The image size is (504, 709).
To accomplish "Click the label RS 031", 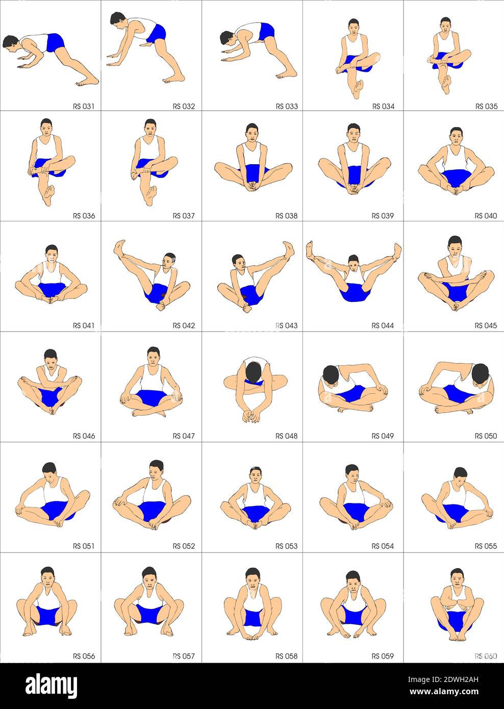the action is [x=84, y=106].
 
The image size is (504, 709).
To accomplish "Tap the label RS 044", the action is [x=383, y=325].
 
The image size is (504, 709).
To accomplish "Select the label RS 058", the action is [x=287, y=656].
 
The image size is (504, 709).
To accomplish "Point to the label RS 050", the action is [x=486, y=436].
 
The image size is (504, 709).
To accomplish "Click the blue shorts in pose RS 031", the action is [x=55, y=42].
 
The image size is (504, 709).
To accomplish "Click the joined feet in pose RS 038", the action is [x=252, y=187].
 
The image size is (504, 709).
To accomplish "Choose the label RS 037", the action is [x=184, y=216].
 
